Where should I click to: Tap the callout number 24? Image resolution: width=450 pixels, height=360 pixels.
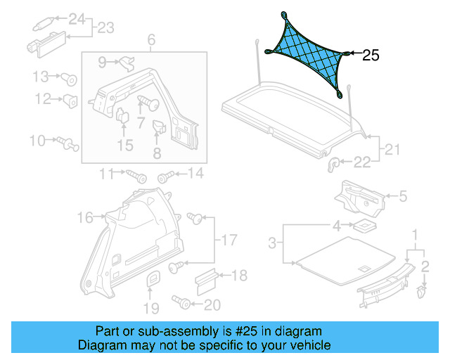(75, 18)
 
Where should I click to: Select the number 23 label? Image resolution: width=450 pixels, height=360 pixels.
(105, 28)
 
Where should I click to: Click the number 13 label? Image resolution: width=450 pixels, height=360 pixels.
(40, 75)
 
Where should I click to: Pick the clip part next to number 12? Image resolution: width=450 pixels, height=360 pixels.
(71, 100)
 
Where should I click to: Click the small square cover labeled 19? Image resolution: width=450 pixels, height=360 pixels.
(153, 280)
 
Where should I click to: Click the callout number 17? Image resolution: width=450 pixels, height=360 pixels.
(230, 241)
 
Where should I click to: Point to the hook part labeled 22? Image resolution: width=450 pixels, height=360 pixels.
(335, 163)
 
